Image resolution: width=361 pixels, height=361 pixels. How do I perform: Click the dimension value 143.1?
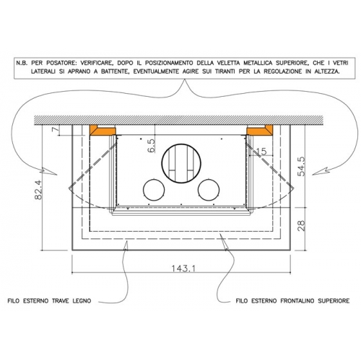[x=183, y=268]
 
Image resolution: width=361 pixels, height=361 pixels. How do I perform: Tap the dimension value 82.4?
[x=38, y=190]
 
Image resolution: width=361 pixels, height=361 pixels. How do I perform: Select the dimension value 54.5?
[x=301, y=166]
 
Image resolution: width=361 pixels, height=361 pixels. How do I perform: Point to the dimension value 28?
[x=301, y=226]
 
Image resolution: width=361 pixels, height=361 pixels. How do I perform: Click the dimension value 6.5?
[x=152, y=145]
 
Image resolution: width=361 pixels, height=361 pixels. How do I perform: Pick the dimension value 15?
[x=261, y=152]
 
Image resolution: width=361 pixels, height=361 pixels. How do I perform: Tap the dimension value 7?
[x=56, y=129]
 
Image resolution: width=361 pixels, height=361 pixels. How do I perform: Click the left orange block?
[x=103, y=130]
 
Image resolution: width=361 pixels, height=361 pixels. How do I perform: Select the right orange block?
[x=260, y=130]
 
